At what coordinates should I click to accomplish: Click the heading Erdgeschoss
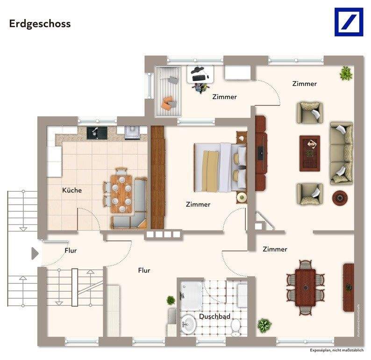pos(40,24)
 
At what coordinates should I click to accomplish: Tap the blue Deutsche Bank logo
pos(348,22)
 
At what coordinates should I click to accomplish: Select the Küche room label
pos(72,190)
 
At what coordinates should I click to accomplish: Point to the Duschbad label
pos(214,317)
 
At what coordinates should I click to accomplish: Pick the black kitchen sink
pos(96,133)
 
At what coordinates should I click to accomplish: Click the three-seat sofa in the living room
pos(341,153)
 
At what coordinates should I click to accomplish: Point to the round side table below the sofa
pos(339,197)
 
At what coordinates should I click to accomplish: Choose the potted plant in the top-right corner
pos(346,73)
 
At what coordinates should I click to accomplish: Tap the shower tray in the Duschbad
pos(192,295)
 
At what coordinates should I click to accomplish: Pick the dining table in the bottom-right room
pos(306,286)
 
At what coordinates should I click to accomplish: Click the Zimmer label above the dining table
pos(275,249)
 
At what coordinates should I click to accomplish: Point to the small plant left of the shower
pos(171,300)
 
